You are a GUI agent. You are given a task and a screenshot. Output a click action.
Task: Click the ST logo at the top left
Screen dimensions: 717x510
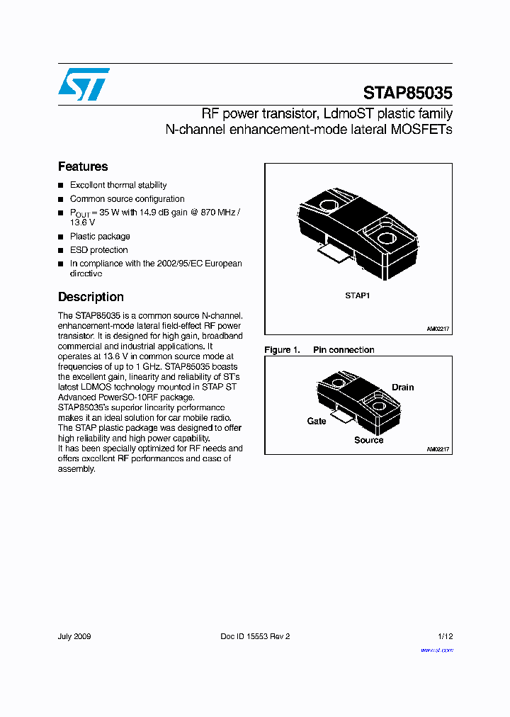[x=84, y=84]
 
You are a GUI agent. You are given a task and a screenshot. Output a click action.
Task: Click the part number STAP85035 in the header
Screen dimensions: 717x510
[x=407, y=93]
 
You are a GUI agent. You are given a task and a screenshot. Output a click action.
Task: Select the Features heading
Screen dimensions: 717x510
[x=83, y=166]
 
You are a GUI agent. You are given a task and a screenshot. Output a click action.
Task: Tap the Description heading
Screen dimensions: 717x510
[x=91, y=297]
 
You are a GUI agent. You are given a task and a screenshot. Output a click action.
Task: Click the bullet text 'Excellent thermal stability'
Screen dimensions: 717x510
[x=118, y=185]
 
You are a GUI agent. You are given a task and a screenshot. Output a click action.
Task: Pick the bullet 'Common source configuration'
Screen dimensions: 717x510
[x=127, y=199]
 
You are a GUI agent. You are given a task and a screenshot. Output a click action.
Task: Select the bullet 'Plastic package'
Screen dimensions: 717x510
[x=100, y=237]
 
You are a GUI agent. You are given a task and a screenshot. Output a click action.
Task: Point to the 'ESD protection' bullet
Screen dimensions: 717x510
[x=98, y=250]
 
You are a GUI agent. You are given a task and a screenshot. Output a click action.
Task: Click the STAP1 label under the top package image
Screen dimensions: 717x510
[x=358, y=295]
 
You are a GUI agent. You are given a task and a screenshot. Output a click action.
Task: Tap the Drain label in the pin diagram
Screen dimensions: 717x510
[x=402, y=388]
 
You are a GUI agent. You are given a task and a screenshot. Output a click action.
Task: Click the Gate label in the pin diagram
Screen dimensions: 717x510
[x=317, y=421]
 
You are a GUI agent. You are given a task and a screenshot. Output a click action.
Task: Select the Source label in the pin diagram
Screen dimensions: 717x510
[x=368, y=440]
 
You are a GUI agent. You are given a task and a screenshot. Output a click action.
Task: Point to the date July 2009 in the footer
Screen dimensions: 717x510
[x=74, y=636]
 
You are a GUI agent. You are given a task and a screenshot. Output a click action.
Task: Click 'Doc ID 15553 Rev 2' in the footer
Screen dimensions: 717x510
[x=255, y=636]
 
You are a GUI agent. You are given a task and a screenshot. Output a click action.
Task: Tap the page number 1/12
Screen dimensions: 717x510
[x=445, y=636]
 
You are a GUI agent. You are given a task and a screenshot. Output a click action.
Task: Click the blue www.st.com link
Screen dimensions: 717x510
[x=436, y=650]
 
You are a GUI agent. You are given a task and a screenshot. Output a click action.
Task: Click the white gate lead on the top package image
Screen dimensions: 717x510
[x=333, y=252]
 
